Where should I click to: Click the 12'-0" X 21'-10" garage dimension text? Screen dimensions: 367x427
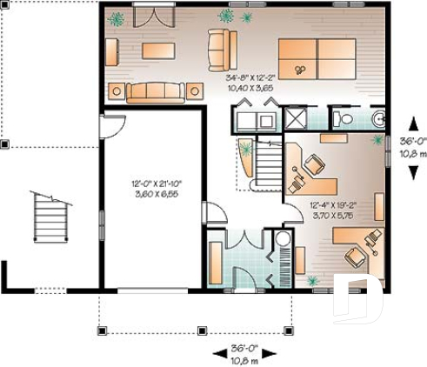156,183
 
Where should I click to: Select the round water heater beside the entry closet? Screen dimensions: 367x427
283,241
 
